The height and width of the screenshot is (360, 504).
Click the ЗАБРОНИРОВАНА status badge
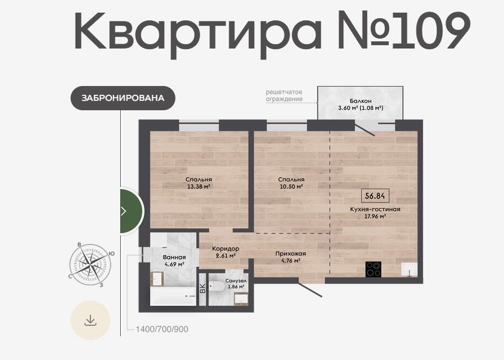(x=123, y=98)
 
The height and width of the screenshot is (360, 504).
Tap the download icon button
(x=90, y=320)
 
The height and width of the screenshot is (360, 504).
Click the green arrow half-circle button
(x=132, y=211)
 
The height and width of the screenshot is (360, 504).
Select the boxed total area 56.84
(x=375, y=195)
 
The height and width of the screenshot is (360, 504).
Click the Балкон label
(x=361, y=101)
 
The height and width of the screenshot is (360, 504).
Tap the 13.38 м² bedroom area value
(x=199, y=186)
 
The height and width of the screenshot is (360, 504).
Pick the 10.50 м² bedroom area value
(x=291, y=186)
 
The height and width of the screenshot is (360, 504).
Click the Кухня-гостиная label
(x=375, y=209)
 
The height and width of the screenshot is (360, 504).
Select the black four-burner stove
(x=373, y=270)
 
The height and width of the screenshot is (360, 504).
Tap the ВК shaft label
(x=203, y=288)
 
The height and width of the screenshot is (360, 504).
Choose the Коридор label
(x=226, y=249)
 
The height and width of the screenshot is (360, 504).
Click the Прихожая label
(x=291, y=254)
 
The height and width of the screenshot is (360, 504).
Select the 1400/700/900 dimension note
(x=162, y=329)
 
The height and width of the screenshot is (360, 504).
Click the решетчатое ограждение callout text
(x=284, y=95)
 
